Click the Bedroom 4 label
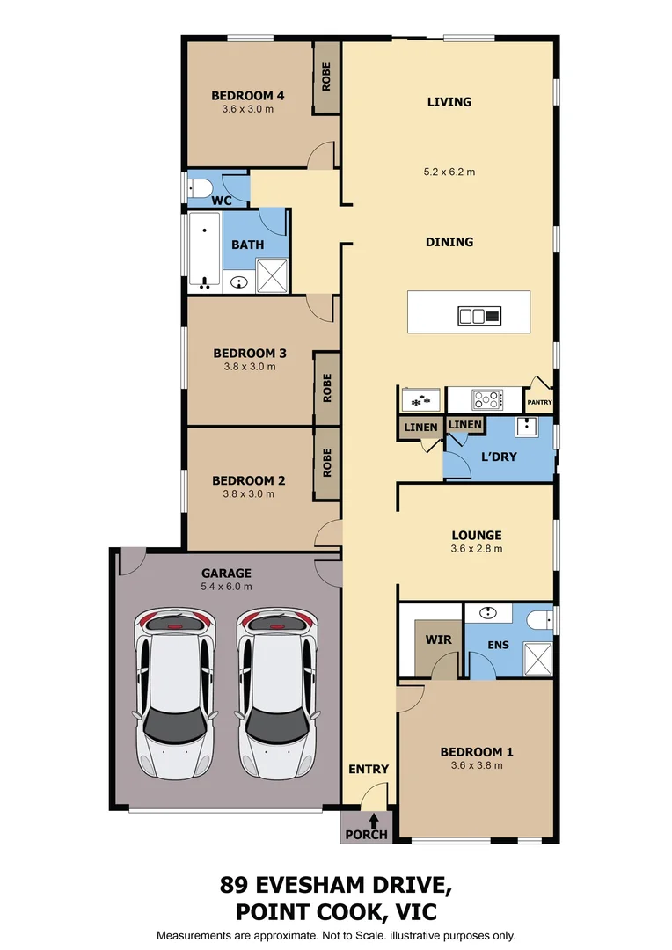247,96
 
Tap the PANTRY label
539,403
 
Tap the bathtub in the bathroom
204,250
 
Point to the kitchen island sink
472,316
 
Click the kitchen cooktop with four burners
486,400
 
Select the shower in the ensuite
537,659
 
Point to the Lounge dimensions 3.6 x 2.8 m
476,549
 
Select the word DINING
449,242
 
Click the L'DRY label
499,457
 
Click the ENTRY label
368,769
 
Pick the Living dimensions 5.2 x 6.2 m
449,172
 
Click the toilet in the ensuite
539,620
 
